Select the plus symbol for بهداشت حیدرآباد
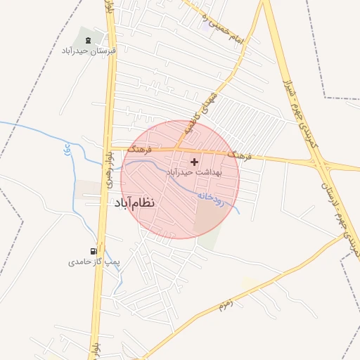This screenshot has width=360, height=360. (x=194, y=161)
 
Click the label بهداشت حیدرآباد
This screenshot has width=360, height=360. (x=194, y=172)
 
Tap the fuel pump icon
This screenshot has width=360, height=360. (x=94, y=250)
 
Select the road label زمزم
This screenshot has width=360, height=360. (x=224, y=304)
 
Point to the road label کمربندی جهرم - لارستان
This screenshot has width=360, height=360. (x=339, y=219)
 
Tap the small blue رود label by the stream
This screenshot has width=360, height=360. (x=67, y=149)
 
